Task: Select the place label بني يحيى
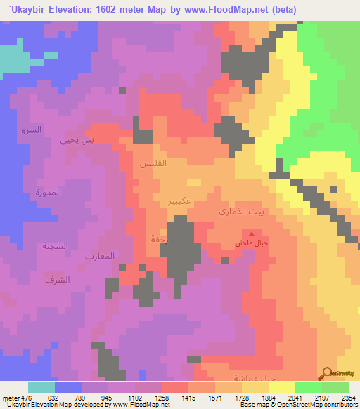click(77, 140)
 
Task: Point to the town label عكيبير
click(182, 201)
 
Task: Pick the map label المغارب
click(101, 255)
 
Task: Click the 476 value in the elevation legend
click(17, 398)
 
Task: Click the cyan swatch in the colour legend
click(41, 387)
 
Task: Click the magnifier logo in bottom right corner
click(328, 373)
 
